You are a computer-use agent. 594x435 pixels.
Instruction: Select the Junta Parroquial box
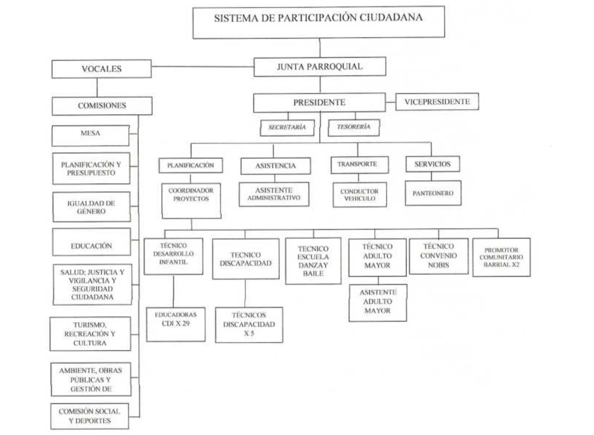click(320, 67)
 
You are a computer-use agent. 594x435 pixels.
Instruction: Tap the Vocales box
click(101, 69)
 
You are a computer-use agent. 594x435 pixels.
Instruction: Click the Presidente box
click(320, 103)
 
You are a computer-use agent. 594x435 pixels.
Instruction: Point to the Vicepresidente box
click(437, 102)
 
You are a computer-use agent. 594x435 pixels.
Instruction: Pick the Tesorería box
click(353, 127)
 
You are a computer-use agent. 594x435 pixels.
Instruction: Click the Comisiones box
click(101, 105)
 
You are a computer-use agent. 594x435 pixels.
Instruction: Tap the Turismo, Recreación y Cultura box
click(91, 334)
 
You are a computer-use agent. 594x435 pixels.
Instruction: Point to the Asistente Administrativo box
click(274, 194)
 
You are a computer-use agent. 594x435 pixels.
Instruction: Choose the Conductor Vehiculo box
click(360, 195)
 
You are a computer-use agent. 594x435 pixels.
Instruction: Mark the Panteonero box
click(433, 193)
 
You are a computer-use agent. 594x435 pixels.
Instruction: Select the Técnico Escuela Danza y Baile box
click(313, 261)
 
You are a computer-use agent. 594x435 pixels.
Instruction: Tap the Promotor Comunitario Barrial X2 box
click(501, 257)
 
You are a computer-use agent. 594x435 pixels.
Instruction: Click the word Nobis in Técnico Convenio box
click(439, 265)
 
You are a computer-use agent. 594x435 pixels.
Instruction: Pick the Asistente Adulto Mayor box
click(378, 303)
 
